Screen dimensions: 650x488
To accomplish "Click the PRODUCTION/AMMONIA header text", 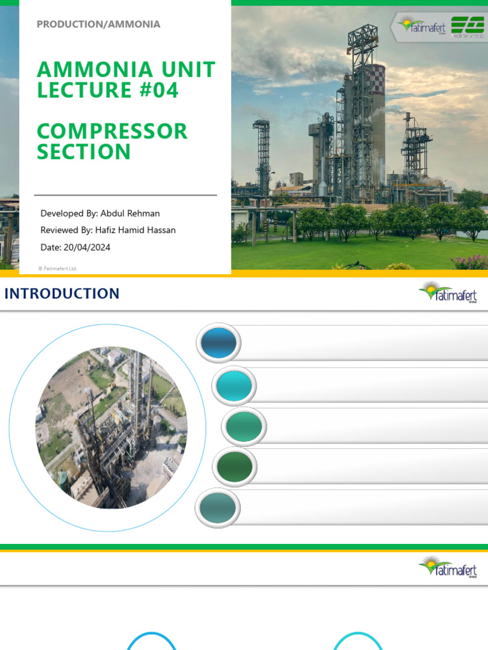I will [x=98, y=25].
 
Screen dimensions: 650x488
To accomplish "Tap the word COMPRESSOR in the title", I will [x=112, y=131].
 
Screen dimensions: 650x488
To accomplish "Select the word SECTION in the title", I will [x=84, y=152].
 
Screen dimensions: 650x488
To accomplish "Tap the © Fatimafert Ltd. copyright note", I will [x=57, y=269].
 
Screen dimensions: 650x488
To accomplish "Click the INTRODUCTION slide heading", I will [x=62, y=293].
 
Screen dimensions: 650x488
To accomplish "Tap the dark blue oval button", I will [x=219, y=343].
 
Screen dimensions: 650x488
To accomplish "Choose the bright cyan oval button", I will [x=234, y=385].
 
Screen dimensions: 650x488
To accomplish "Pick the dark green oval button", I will [x=234, y=467].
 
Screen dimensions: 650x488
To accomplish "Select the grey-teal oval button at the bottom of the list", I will [x=218, y=508].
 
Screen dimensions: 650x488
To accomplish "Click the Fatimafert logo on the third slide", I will [x=448, y=566].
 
